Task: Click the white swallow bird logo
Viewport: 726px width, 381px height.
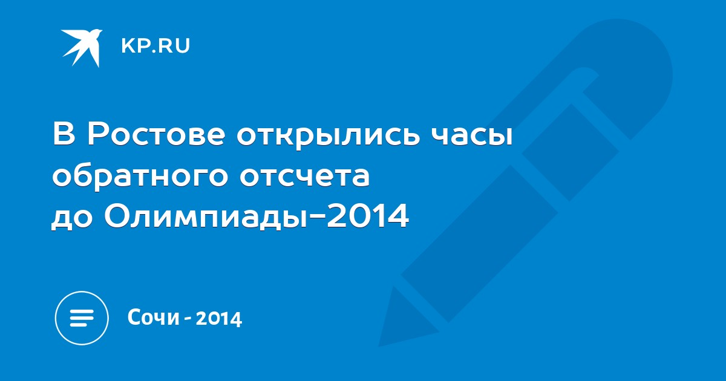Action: (x=82, y=48)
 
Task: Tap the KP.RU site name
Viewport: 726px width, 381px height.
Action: (x=155, y=46)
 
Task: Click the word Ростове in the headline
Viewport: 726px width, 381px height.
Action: (x=156, y=134)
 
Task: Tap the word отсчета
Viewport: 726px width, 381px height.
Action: (x=305, y=177)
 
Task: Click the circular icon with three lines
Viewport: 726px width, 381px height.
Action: (x=82, y=318)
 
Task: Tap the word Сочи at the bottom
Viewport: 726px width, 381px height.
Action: (x=154, y=317)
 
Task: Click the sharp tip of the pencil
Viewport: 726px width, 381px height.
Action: (x=380, y=345)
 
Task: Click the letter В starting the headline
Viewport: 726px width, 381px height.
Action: (x=65, y=134)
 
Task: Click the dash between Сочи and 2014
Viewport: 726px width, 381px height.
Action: (x=188, y=319)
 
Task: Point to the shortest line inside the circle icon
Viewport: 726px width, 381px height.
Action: (x=79, y=324)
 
